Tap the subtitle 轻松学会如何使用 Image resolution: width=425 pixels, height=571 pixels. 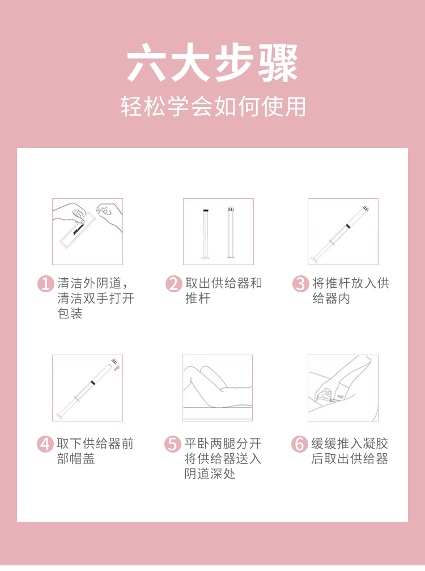[x=212, y=106]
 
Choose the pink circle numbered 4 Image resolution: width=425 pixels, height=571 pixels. [x=45, y=444]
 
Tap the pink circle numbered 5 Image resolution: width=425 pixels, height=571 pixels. [x=173, y=444]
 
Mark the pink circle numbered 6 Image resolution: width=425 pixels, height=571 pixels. [x=300, y=444]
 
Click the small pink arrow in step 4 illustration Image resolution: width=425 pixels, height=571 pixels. [x=117, y=368]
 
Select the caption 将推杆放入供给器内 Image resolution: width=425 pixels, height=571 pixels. [x=350, y=291]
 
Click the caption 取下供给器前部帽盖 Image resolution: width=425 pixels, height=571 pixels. [x=95, y=451]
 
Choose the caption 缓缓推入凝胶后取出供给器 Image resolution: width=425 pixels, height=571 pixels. [x=350, y=451]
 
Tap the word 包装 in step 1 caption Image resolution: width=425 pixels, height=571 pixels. [x=70, y=314]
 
